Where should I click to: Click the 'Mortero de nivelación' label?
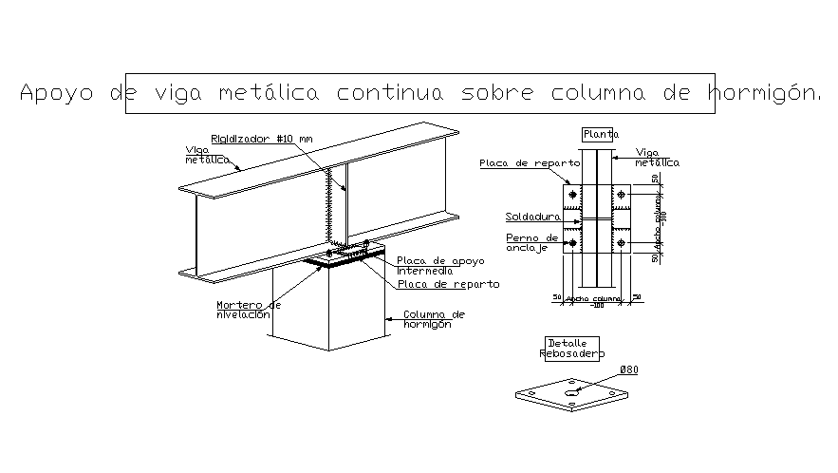248,311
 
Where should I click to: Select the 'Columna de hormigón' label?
434,319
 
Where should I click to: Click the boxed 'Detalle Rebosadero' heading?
572,349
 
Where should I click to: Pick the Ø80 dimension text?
627,369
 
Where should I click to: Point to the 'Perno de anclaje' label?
532,243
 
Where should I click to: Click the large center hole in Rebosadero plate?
570,391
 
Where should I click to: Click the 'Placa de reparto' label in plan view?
524,163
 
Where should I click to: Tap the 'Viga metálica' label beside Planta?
657,157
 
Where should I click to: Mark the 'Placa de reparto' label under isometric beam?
448,284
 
